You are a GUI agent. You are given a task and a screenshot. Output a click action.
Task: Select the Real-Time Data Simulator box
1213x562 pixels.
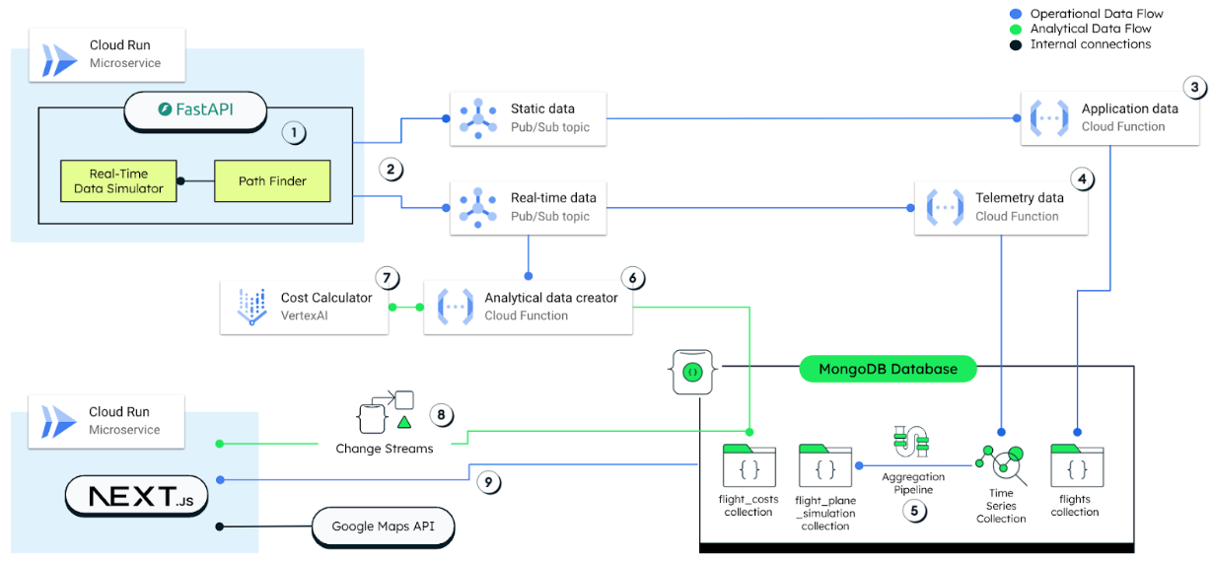(119, 181)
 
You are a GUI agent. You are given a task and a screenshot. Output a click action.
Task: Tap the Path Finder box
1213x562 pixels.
(273, 181)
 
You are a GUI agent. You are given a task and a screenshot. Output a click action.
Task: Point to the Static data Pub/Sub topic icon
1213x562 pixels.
(477, 118)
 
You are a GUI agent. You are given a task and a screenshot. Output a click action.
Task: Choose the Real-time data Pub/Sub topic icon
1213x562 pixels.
(477, 207)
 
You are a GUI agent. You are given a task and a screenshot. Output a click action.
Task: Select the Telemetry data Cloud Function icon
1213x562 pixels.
(944, 207)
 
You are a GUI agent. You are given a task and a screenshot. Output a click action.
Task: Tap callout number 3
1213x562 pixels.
(1194, 87)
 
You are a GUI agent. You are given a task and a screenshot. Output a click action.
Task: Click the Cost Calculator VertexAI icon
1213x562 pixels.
(252, 307)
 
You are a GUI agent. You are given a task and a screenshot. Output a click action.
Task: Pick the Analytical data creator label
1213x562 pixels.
(550, 307)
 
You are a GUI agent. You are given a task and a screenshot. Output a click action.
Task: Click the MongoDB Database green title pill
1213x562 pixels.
(888, 370)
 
